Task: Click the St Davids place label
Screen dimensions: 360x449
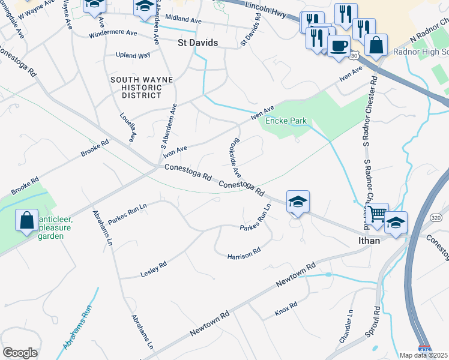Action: [198, 43]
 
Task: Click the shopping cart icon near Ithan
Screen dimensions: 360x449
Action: [377, 214]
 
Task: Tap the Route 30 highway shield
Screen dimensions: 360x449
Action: [355, 55]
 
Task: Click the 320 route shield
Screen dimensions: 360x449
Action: [436, 217]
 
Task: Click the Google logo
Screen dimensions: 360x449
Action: [20, 353]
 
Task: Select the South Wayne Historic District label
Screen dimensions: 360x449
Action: [142, 88]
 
